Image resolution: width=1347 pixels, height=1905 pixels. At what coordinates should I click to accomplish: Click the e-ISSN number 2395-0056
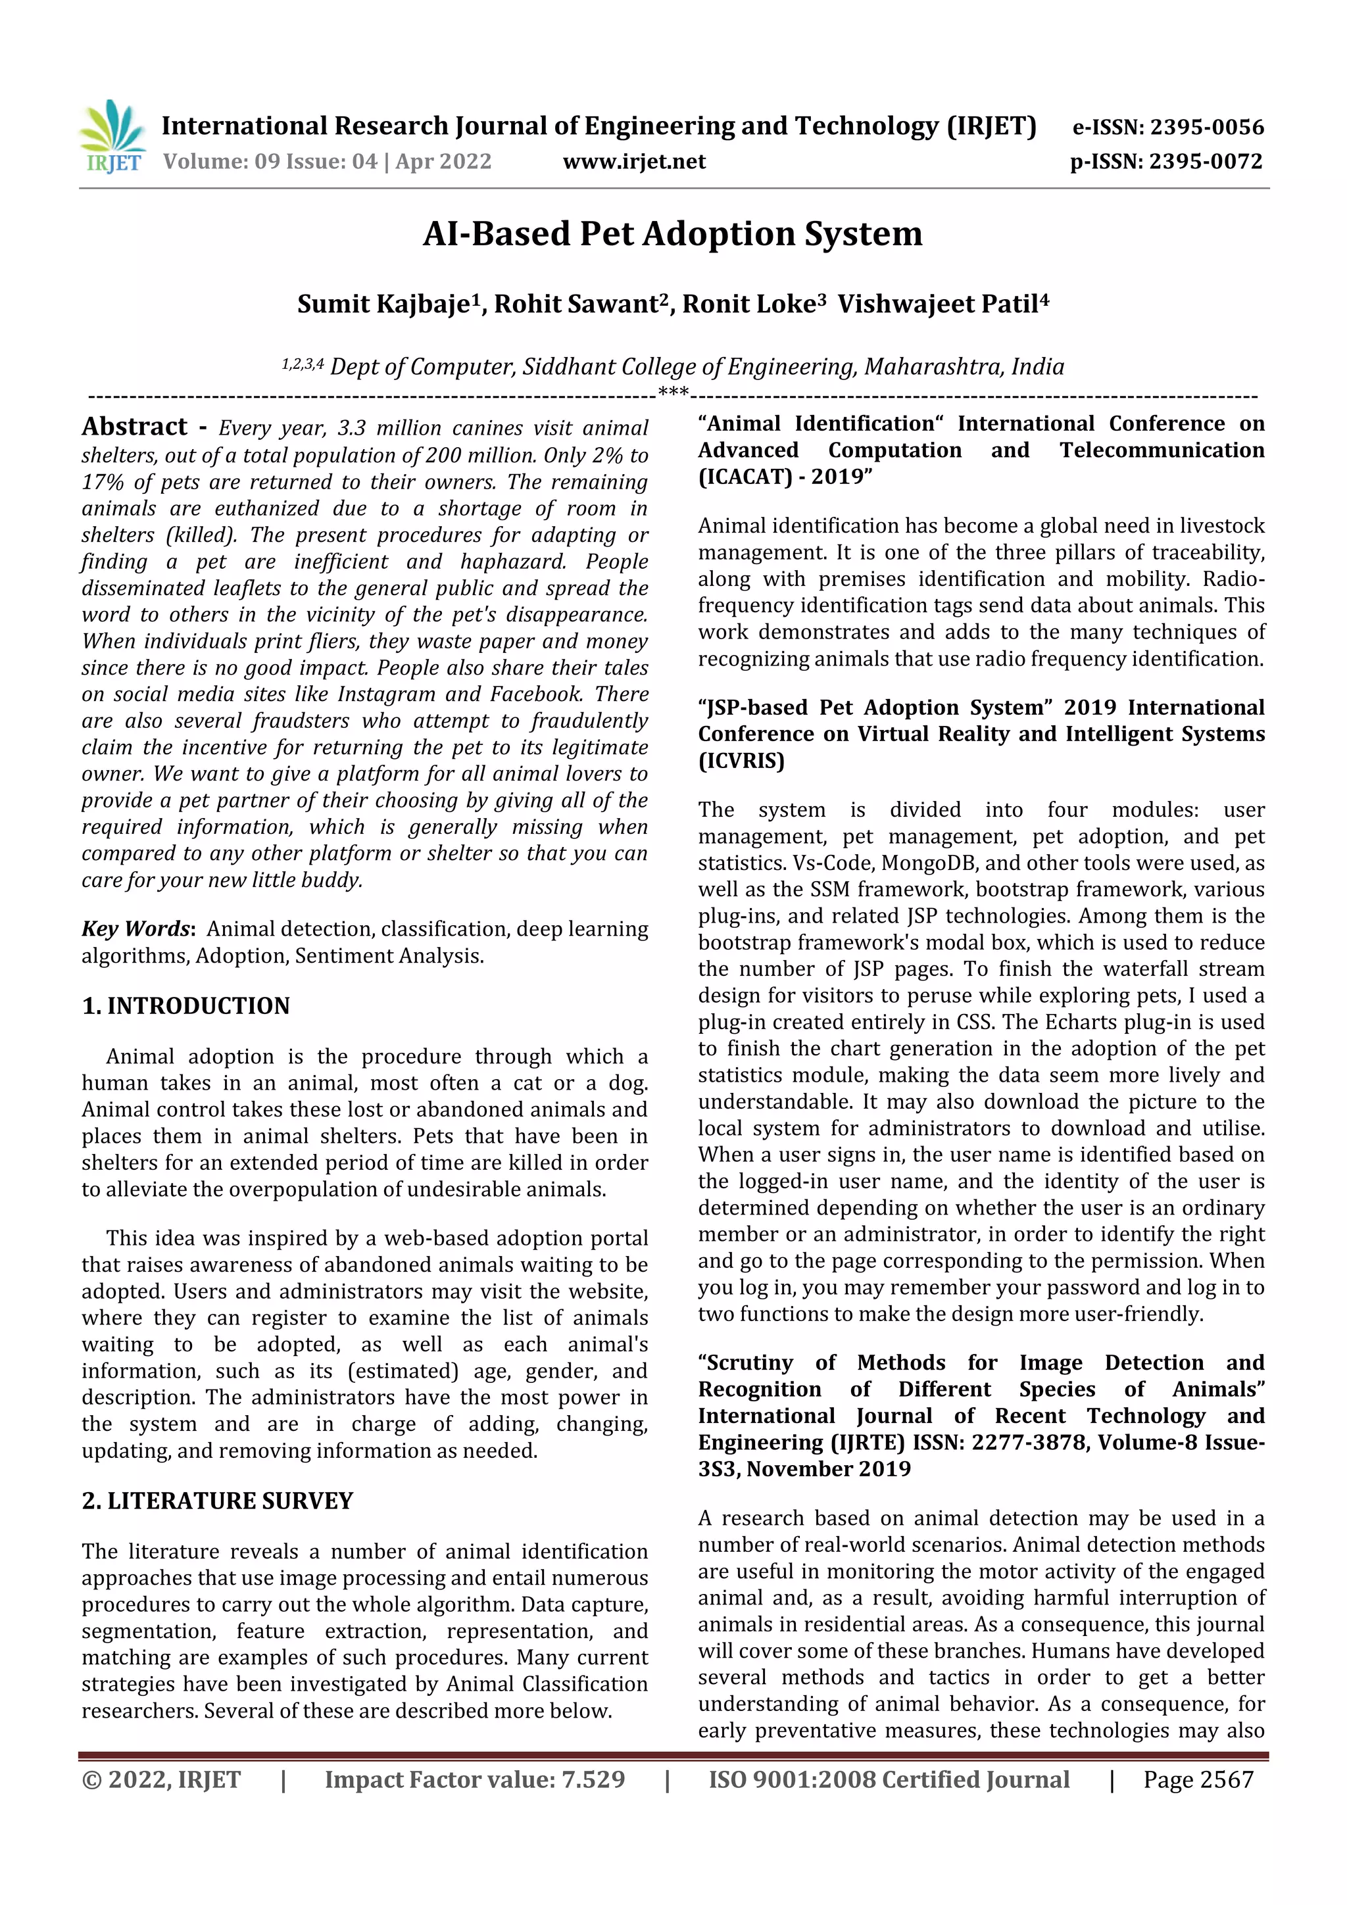[1206, 127]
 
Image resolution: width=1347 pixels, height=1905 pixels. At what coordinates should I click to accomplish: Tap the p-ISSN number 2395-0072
[1205, 161]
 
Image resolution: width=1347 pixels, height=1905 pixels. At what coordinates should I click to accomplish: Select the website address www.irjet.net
[634, 161]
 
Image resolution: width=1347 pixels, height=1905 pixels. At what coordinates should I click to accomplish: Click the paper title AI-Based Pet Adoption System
[672, 234]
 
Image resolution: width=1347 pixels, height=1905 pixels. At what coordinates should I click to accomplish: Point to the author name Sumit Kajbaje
[383, 304]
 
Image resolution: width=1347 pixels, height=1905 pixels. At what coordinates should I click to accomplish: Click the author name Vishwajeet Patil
[937, 304]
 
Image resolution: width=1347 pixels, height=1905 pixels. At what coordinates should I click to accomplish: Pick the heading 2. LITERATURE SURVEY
[218, 1501]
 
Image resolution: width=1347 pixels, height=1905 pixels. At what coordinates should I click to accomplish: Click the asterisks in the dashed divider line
[673, 392]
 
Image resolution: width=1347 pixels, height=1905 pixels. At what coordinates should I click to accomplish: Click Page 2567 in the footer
[1198, 1779]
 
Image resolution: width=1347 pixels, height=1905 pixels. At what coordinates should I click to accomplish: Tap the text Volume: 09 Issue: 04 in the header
[270, 161]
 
